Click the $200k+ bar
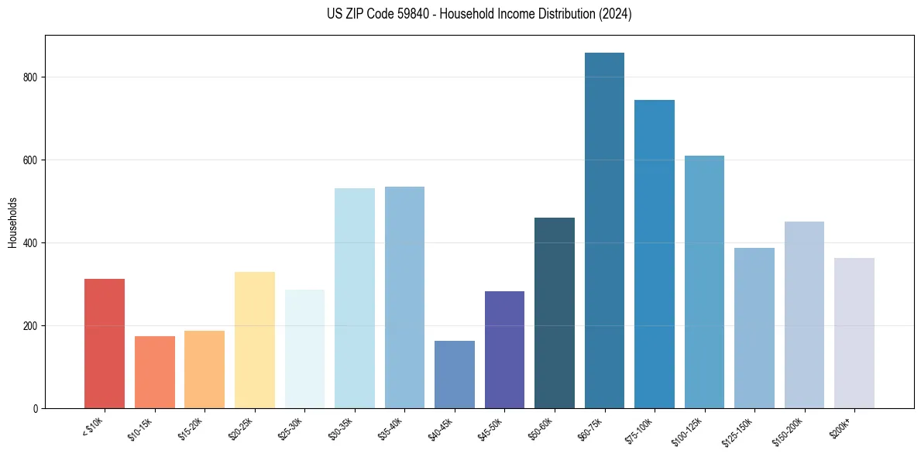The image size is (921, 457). [854, 333]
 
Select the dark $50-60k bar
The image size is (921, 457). [555, 313]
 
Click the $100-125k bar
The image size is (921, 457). [704, 282]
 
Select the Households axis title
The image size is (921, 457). [13, 222]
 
